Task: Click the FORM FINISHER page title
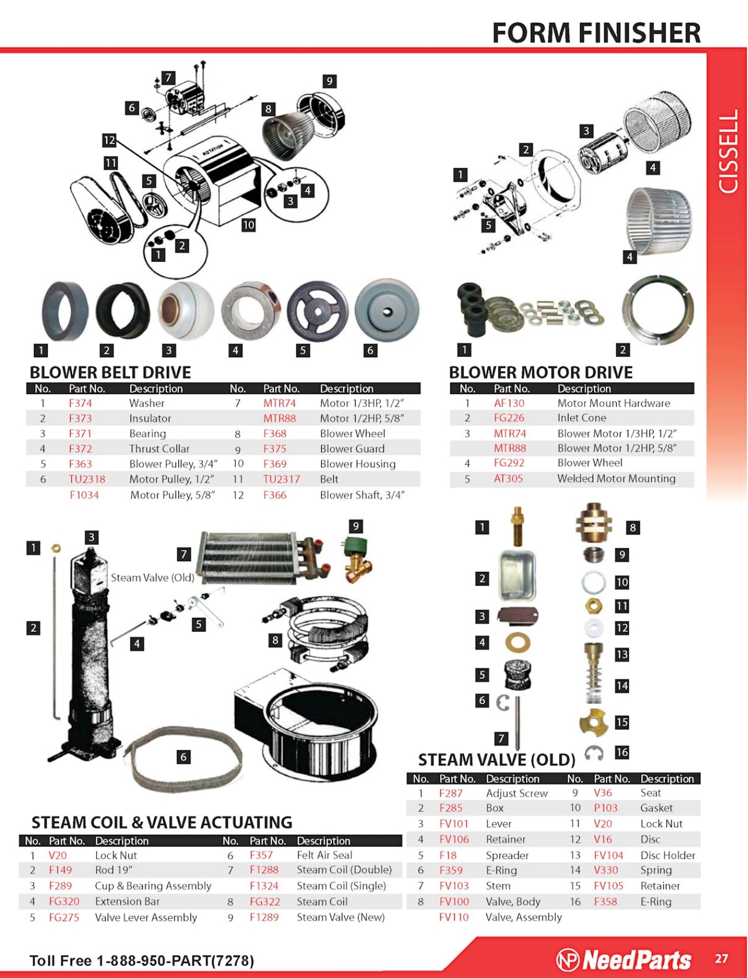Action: pyautogui.click(x=596, y=33)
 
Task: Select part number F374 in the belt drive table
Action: pyautogui.click(x=81, y=403)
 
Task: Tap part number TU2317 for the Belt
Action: pyautogui.click(x=281, y=479)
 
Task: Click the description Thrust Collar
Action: pyautogui.click(x=159, y=449)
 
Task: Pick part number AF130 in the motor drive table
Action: pyautogui.click(x=509, y=403)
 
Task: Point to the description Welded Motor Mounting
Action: pyautogui.click(x=616, y=479)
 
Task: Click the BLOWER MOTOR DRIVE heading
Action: pyautogui.click(x=541, y=372)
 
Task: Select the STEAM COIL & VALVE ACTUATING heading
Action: pyautogui.click(x=162, y=822)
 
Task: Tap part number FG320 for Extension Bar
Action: pyautogui.click(x=64, y=901)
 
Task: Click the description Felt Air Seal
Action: pyautogui.click(x=325, y=855)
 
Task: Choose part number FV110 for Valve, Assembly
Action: pyautogui.click(x=454, y=917)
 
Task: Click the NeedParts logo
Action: pyautogui.click(x=624, y=960)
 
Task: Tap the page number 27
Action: pyautogui.click(x=722, y=958)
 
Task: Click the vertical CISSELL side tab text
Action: pyautogui.click(x=728, y=151)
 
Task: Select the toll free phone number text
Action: pyautogui.click(x=142, y=961)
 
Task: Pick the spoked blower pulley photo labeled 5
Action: pyautogui.click(x=318, y=311)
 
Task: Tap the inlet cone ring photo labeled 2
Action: pyautogui.click(x=658, y=311)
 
